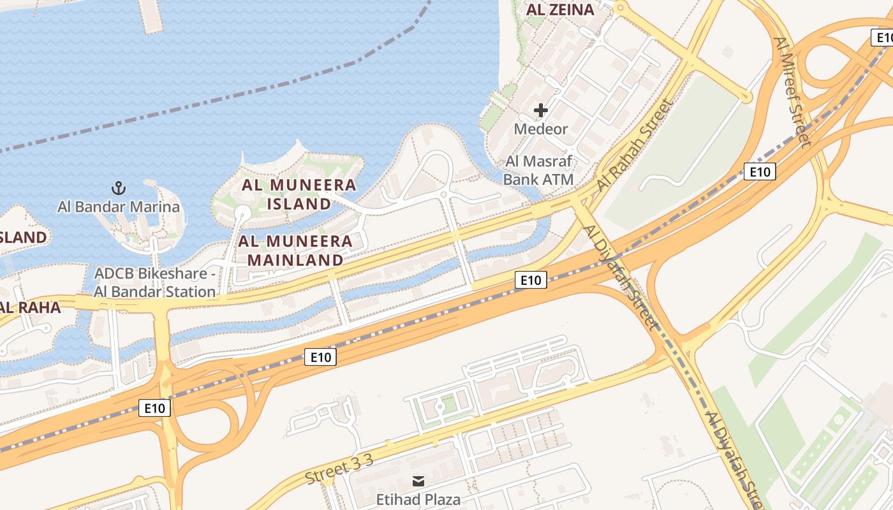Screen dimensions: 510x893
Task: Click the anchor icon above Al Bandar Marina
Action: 119,188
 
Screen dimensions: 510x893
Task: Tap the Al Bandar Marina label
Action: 119,207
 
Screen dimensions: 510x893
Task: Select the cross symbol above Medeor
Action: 541,110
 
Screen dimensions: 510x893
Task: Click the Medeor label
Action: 541,129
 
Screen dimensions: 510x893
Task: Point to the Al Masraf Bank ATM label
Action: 538,170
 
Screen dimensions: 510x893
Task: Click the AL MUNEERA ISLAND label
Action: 299,194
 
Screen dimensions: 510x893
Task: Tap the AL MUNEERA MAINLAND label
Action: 295,251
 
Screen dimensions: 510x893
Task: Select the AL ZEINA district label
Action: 559,10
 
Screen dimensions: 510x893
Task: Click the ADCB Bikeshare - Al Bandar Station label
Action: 155,282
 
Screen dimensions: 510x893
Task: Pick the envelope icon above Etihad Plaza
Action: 418,481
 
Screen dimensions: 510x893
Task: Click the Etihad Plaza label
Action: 418,499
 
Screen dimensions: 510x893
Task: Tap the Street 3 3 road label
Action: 339,470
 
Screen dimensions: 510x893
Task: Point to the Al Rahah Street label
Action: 635,147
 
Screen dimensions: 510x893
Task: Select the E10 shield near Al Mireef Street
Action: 759,171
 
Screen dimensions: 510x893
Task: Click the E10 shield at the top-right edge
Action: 882,38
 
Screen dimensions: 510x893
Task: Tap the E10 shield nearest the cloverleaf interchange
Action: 154,408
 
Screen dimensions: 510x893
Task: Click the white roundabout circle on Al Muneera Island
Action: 242,212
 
